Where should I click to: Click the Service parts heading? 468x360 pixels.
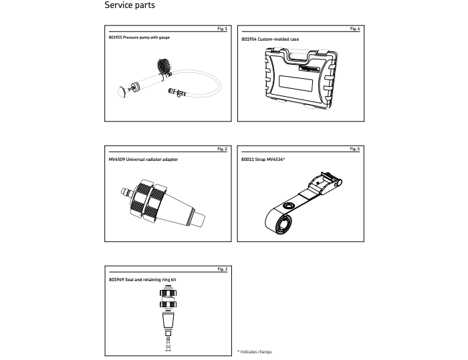point(130,5)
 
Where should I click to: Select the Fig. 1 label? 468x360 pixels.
point(223,29)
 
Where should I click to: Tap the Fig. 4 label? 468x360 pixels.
point(355,29)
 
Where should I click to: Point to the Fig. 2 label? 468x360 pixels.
point(223,149)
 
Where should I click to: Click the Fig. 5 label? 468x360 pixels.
point(355,149)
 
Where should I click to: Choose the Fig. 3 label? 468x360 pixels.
point(223,269)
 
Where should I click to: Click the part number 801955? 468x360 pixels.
point(115,37)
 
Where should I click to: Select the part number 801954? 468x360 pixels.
point(249,39)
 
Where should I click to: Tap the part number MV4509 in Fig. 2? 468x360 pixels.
point(117,159)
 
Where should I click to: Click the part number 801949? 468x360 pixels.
point(116,279)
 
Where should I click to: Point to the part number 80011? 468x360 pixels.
point(247,159)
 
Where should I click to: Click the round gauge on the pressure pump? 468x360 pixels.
point(164,66)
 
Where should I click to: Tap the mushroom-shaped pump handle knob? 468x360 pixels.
point(122,92)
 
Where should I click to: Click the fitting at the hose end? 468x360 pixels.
point(177,92)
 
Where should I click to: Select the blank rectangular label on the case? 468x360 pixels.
point(296,83)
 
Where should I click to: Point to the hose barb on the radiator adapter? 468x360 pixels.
point(126,192)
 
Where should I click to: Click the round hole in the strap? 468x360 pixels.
point(289,206)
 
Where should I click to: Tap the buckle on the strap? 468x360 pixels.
point(326,182)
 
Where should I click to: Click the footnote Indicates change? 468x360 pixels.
point(256,352)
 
